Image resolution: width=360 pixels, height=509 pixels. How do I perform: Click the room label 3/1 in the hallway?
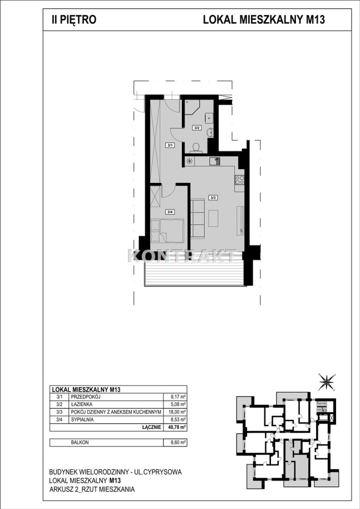pyautogui.click(x=170, y=145)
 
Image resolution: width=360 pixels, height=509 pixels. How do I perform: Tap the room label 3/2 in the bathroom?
pyautogui.click(x=196, y=128)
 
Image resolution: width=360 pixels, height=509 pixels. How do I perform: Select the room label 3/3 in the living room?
pyautogui.click(x=213, y=197)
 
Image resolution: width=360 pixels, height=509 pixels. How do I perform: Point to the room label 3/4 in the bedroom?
pyautogui.click(x=170, y=212)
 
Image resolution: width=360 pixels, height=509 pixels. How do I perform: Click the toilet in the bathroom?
pyautogui.click(x=196, y=148)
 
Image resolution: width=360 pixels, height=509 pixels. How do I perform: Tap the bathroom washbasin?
pyautogui.click(x=210, y=132)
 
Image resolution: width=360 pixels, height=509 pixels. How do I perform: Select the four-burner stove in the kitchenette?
pyautogui.click(x=240, y=180)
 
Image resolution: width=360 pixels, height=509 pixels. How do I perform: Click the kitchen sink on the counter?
pyautogui.click(x=215, y=161)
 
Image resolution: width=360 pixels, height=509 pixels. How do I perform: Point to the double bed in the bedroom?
pyautogui.click(x=168, y=230)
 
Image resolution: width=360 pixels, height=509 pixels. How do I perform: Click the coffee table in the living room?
pyautogui.click(x=213, y=218)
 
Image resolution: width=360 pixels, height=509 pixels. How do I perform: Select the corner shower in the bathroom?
pyautogui.click(x=192, y=107)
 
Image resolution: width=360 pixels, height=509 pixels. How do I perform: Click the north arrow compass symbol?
pyautogui.click(x=326, y=381)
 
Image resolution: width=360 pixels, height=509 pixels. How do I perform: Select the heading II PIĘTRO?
pyautogui.click(x=74, y=20)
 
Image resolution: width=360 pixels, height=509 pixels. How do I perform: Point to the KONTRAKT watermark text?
pyautogui.click(x=182, y=256)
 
